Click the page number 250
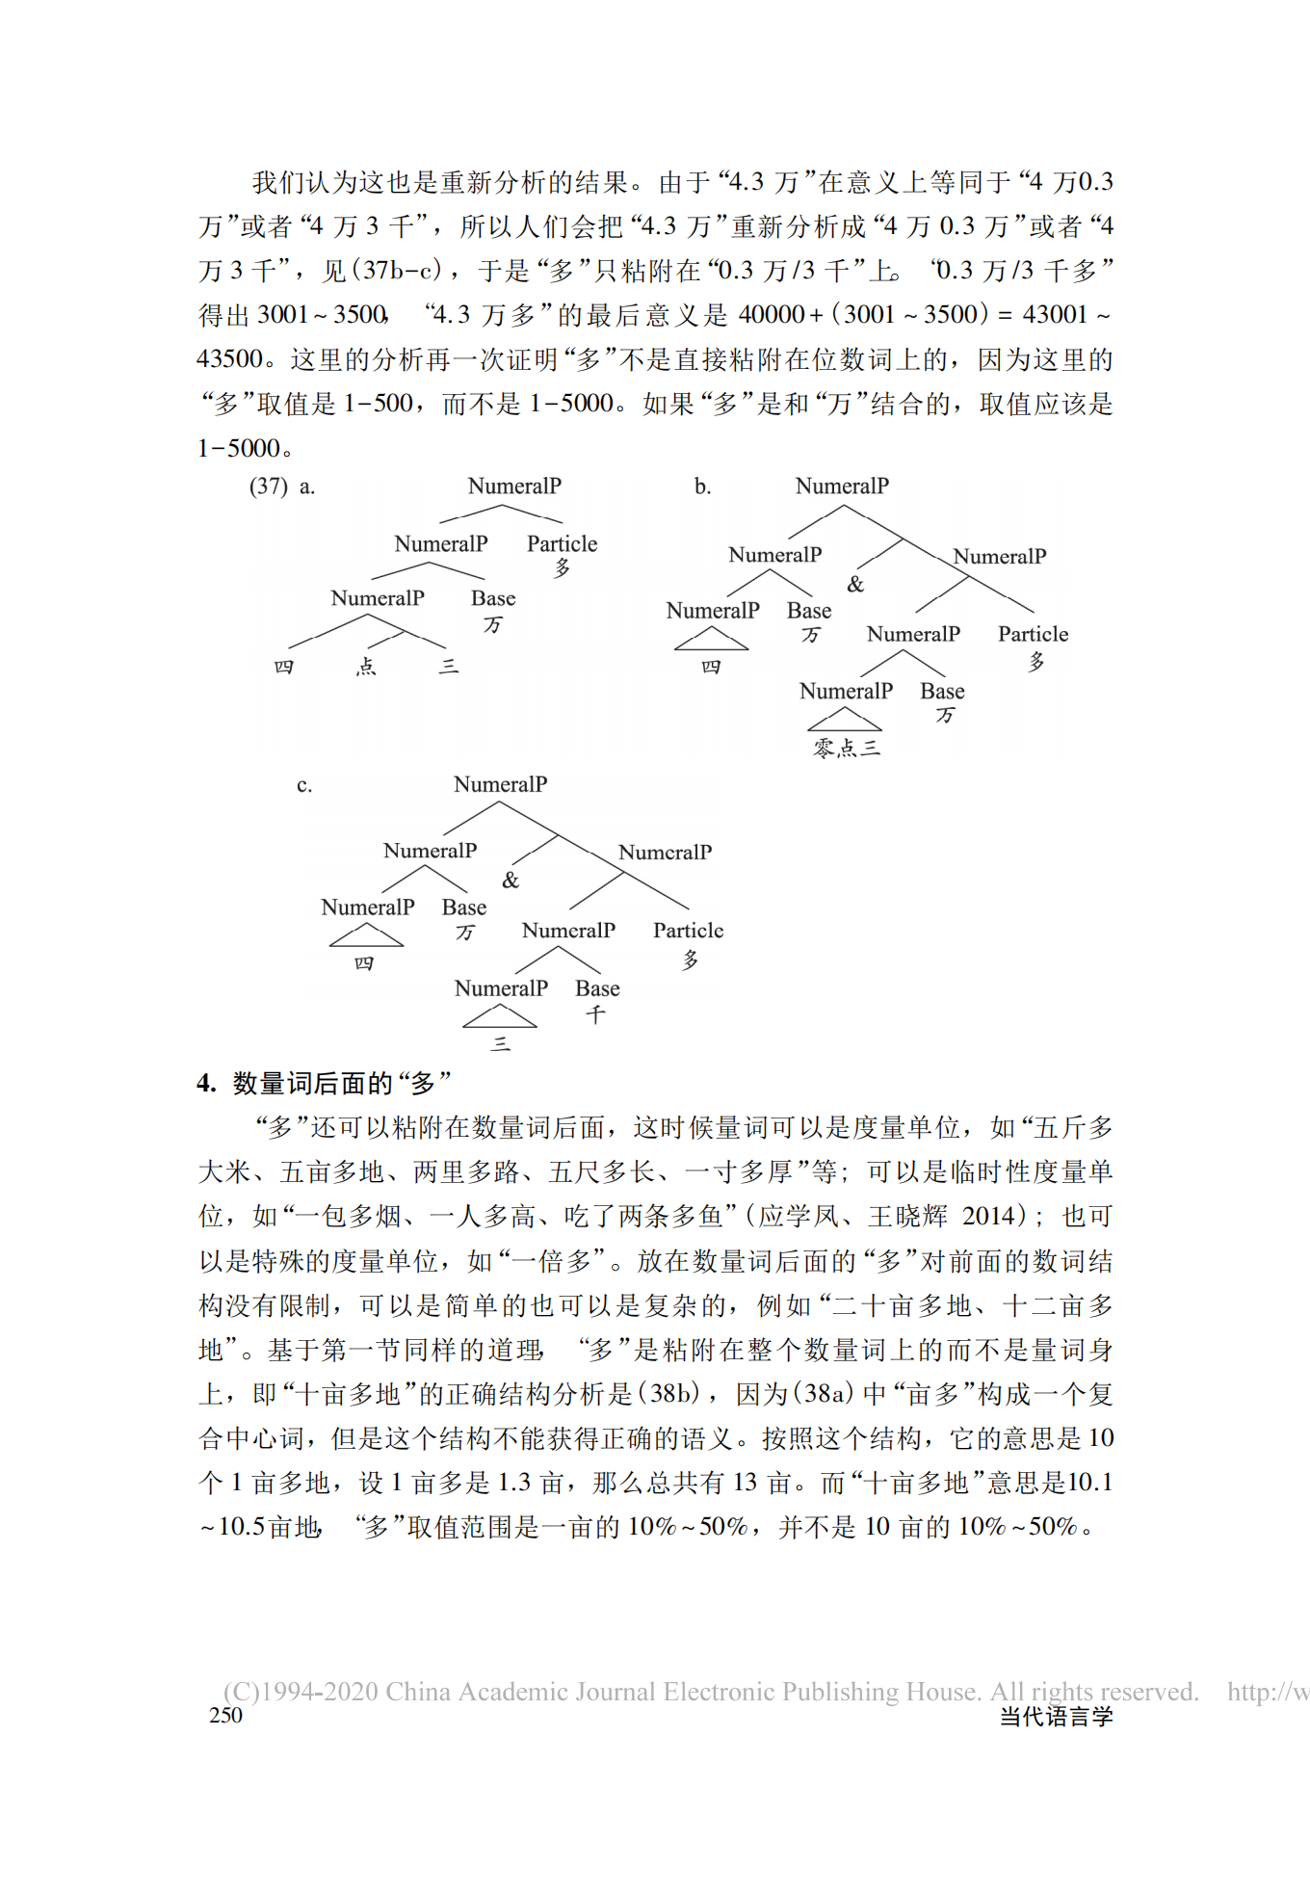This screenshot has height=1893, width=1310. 225,1715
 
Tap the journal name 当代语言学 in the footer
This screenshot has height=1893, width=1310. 1056,1716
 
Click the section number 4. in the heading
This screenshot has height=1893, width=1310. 206,1083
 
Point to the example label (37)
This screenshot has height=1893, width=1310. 268,486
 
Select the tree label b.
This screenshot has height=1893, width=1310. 703,486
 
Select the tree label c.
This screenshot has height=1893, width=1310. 304,785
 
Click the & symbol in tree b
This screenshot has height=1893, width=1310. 855,584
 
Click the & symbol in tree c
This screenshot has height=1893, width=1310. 511,880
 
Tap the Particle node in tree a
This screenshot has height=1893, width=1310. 562,543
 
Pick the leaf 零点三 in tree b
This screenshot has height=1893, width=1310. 847,748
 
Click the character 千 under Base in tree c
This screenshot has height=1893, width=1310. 596,1014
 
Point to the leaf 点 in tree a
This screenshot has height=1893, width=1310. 366,666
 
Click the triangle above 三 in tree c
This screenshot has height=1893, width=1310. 499,1016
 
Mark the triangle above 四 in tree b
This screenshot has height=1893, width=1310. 711,639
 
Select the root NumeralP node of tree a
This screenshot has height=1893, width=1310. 514,486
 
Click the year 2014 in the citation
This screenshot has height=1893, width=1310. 988,1216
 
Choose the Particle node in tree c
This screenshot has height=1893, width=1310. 688,931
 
